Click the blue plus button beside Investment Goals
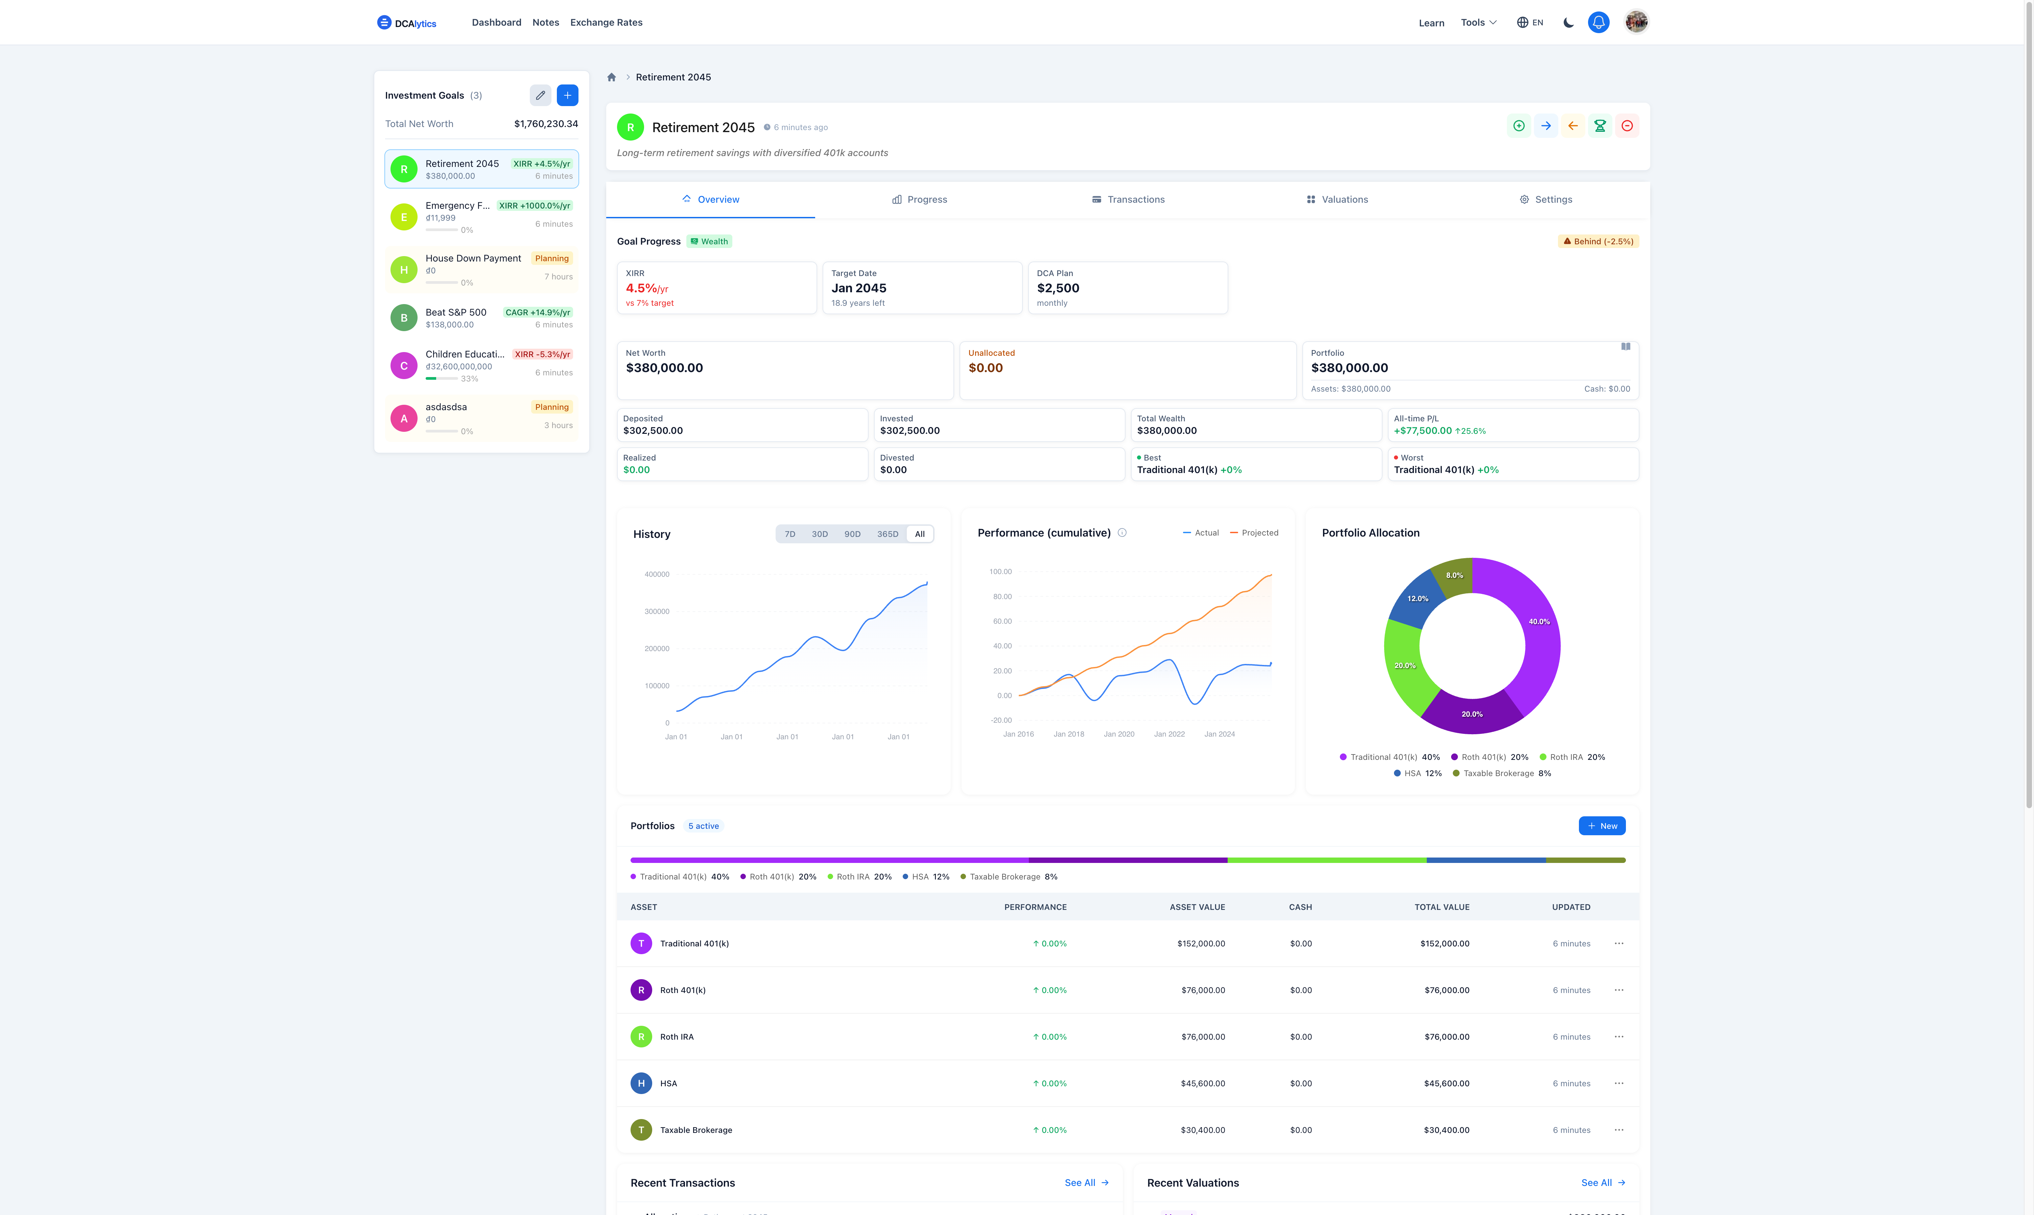(x=567, y=95)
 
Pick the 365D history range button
(x=887, y=534)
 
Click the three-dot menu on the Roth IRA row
(x=1619, y=1037)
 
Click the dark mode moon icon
(x=1568, y=22)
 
